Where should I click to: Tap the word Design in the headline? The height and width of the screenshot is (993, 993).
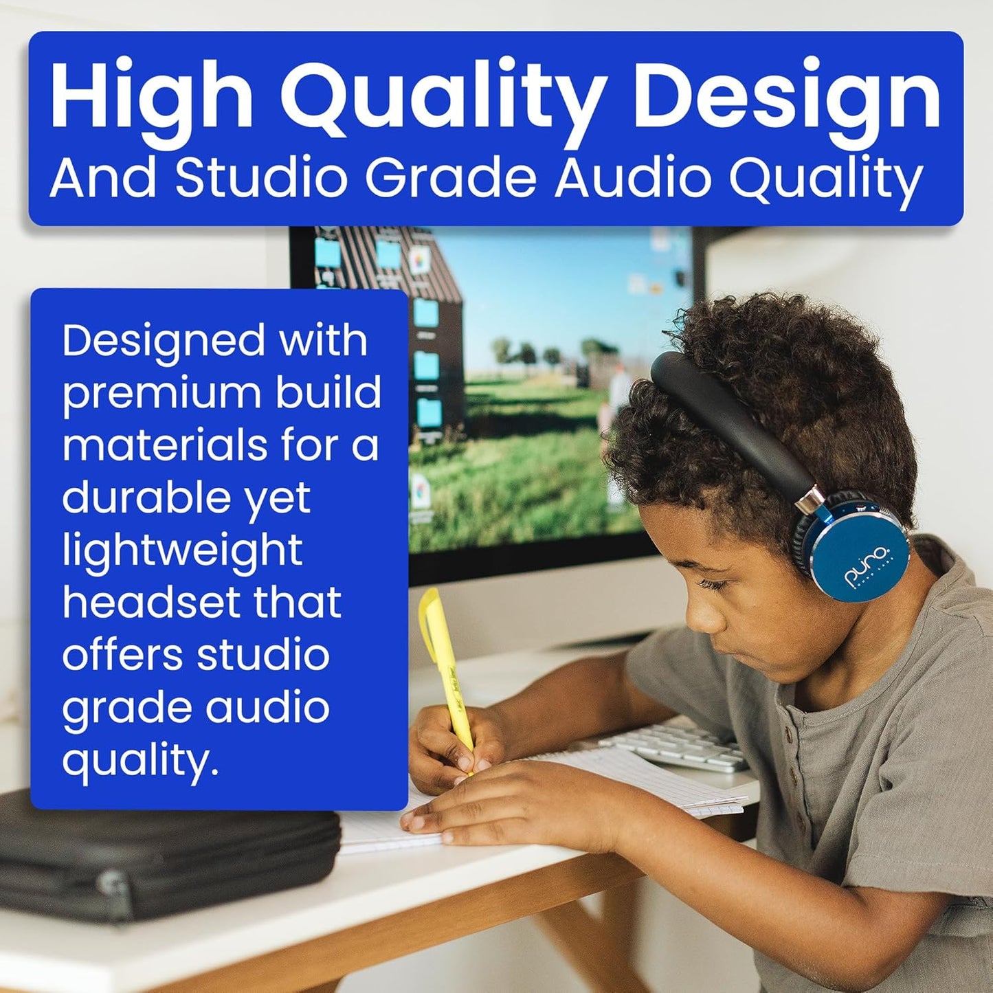pos(786,97)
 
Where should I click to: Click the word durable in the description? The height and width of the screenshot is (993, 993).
pos(146,498)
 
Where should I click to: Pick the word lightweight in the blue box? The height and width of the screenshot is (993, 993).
pos(182,551)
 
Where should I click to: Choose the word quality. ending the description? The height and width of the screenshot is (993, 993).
pos(140,760)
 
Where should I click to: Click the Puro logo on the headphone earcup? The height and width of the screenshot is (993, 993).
pos(869,566)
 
